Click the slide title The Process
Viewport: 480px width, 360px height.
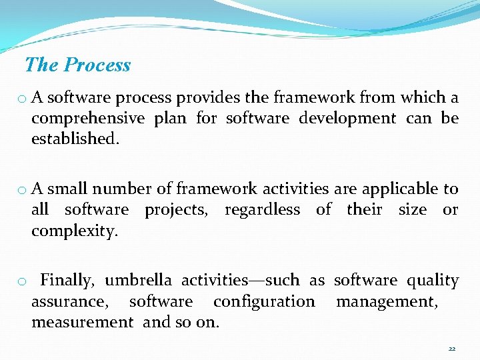click(77, 65)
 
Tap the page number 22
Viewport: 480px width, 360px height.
click(452, 349)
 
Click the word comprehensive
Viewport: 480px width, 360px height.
click(88, 119)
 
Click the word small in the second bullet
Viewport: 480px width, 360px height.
click(68, 189)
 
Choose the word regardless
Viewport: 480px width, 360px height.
click(262, 210)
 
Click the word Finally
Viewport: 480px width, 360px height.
click(69, 281)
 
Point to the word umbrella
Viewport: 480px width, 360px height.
click(138, 281)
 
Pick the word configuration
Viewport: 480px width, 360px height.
click(264, 301)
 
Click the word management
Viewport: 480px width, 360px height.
click(387, 302)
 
